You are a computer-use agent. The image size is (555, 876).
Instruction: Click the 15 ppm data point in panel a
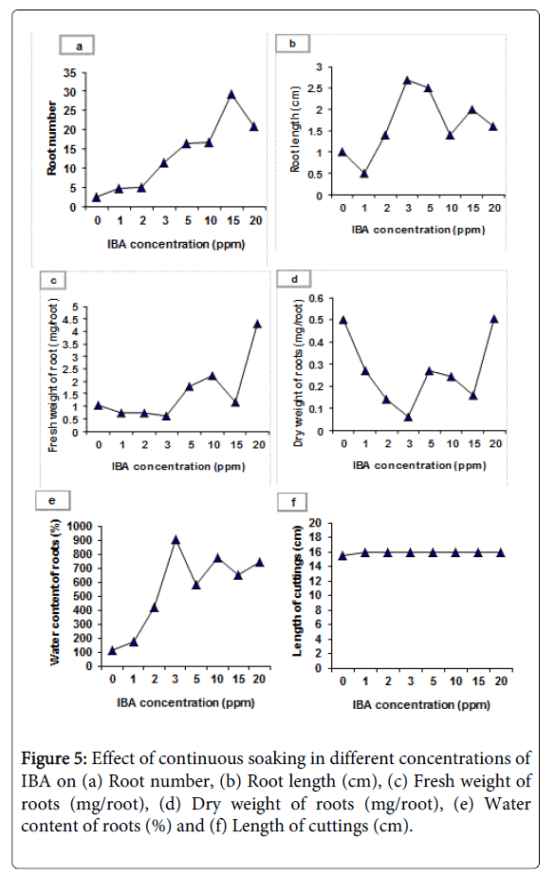click(231, 95)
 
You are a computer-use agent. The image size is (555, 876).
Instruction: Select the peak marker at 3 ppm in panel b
click(407, 80)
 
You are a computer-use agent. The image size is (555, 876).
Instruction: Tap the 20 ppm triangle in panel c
click(257, 324)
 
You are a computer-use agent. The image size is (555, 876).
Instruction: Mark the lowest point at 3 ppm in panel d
click(408, 417)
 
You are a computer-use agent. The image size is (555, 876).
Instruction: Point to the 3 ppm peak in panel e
click(176, 540)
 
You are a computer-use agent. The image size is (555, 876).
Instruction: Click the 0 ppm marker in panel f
click(342, 556)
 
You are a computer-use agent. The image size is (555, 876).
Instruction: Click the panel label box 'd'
click(294, 279)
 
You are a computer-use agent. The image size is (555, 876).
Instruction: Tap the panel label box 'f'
click(292, 502)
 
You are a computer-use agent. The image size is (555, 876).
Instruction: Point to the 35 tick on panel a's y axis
click(70, 73)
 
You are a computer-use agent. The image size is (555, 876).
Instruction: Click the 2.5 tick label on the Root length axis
click(317, 88)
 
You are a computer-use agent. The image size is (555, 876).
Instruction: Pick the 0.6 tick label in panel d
click(317, 298)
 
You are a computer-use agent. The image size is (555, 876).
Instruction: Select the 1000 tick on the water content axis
click(80, 527)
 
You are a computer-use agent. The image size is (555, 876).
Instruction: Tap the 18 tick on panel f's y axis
click(316, 537)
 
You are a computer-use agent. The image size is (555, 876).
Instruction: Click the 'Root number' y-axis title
click(52, 138)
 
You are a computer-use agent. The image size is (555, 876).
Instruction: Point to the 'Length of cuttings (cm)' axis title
click(297, 591)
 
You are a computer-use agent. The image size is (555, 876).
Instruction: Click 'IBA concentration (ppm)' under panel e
click(186, 702)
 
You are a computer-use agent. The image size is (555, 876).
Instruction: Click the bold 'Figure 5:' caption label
click(54, 758)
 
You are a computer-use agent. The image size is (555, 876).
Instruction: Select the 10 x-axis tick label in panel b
click(452, 208)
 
